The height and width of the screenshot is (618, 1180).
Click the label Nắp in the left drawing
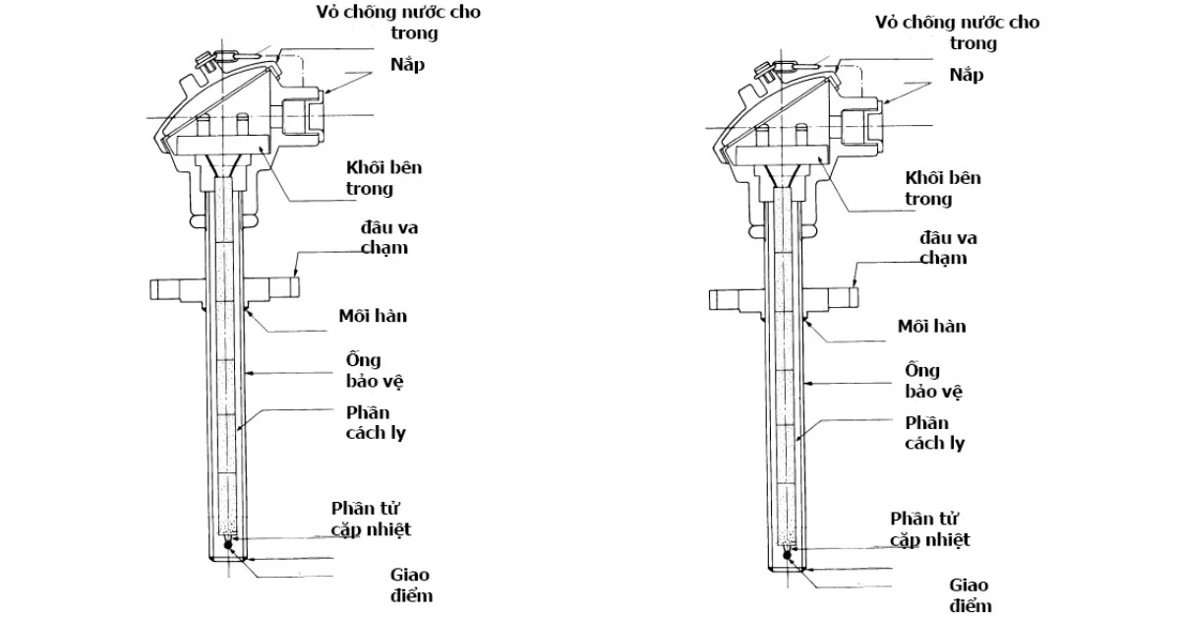pos(407,65)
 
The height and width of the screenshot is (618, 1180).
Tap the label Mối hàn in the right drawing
pos(931,327)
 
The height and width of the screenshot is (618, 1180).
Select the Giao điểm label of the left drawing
pos(411,585)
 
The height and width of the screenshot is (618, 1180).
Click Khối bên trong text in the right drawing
pos(942,188)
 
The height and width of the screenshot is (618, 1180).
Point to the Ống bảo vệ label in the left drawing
pos(374,371)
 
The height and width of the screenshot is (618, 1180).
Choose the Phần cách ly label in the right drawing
pos(934,433)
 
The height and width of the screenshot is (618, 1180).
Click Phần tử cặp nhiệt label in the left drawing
pos(371,519)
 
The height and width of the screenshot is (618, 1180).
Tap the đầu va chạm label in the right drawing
pos(948,248)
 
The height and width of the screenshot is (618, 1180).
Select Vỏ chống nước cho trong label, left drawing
pos(398,23)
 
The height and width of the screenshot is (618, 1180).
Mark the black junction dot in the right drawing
pos(787,555)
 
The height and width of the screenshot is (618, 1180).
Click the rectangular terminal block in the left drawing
pos(222,145)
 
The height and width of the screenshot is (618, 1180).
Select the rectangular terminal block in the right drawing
pos(782,155)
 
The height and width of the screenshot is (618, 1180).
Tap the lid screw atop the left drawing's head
pos(205,62)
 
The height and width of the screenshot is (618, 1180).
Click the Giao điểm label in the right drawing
pos(971,595)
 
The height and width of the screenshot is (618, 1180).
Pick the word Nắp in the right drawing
pos(967,76)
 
